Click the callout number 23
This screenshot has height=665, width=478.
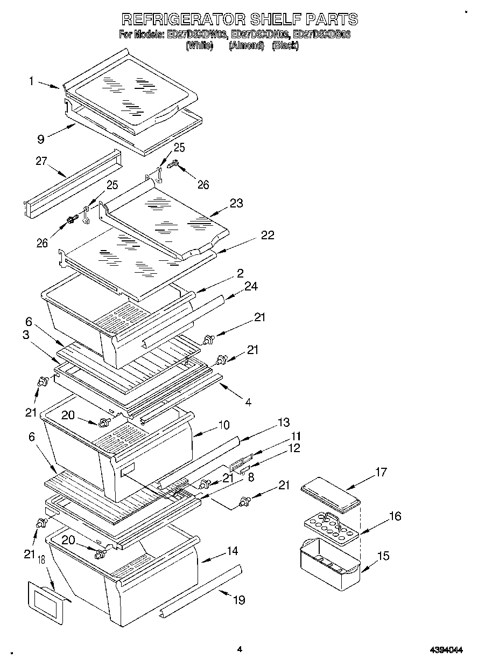(x=236, y=203)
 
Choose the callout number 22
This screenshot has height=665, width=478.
(x=267, y=235)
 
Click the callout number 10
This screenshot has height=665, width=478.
(x=223, y=425)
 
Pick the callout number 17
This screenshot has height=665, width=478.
(x=381, y=473)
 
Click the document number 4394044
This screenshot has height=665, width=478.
(x=447, y=650)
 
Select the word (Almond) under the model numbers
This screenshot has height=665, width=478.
(x=246, y=46)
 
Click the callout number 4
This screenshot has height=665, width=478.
(x=248, y=401)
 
